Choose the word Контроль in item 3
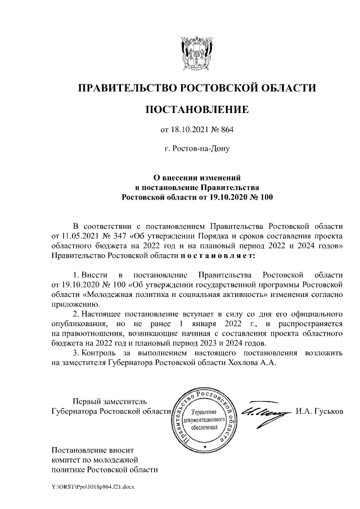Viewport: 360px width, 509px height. pyautogui.click(x=98, y=353)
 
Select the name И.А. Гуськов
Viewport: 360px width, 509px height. pyautogui.click(x=319, y=412)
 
